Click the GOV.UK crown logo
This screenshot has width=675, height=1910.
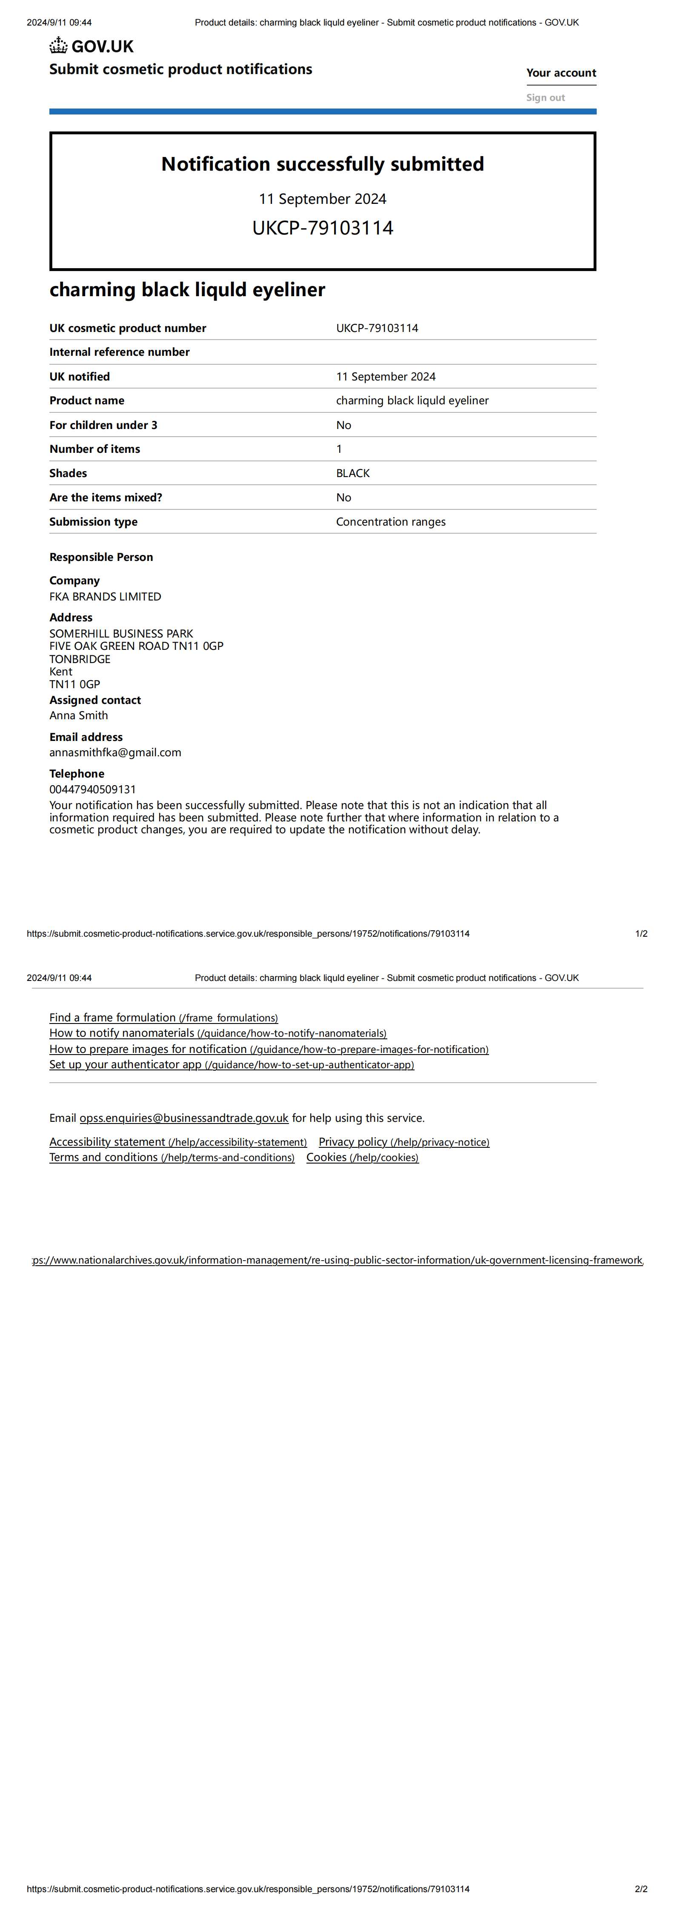(x=59, y=46)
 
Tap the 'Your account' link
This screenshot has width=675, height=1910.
(x=561, y=73)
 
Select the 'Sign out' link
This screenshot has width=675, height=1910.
(x=545, y=97)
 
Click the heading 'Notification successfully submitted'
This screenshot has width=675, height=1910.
(x=323, y=164)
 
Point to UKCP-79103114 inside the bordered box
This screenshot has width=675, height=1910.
(x=323, y=228)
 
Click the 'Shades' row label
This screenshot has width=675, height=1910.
(x=68, y=473)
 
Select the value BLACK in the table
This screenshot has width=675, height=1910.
(x=353, y=473)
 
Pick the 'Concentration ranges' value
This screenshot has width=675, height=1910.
(x=391, y=521)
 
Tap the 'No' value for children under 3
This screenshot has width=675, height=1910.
(x=343, y=425)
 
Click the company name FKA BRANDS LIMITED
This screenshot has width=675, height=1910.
(x=105, y=596)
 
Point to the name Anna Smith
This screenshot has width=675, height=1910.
(x=79, y=715)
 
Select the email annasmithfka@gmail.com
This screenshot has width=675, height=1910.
(x=115, y=752)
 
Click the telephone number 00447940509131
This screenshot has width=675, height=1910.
(x=93, y=789)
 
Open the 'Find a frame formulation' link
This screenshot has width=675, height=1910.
(x=163, y=1017)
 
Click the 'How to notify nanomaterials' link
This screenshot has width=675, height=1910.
(x=217, y=1033)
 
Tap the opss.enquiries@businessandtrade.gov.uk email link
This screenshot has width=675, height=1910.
(x=184, y=1118)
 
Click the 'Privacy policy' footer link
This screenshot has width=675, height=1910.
(x=403, y=1142)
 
